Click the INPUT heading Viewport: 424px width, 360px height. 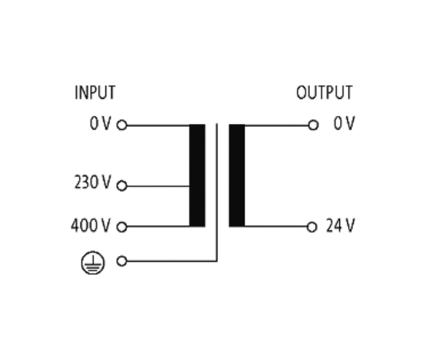coord(95,93)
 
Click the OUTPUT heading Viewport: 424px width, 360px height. coord(324,93)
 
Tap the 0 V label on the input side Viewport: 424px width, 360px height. coord(100,123)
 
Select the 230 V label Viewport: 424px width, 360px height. coord(93,182)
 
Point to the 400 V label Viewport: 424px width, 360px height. coord(90,225)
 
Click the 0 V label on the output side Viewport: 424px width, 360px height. coord(344,123)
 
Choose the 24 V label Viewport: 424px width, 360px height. coord(340,225)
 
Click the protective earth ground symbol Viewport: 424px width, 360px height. coord(93,262)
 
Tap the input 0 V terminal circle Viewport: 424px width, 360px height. coord(122,125)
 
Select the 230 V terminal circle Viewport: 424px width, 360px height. coord(122,186)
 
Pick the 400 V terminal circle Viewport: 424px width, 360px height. coord(122,227)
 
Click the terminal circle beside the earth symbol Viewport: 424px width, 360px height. coord(122,261)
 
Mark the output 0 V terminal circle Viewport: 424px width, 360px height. coord(313,125)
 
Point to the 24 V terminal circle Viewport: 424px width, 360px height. coord(312,227)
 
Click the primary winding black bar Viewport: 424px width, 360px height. coord(197,176)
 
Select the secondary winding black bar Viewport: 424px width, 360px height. coord(237,176)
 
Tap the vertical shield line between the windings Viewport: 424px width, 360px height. coord(217,192)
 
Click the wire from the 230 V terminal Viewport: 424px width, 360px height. coord(158,186)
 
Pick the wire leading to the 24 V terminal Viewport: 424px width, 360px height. coord(275,226)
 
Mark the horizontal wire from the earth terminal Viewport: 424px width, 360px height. coord(171,261)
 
